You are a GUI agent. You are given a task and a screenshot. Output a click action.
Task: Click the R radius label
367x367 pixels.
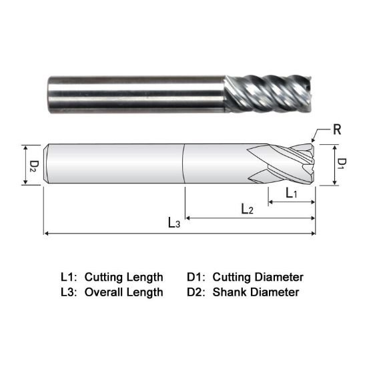pyautogui.click(x=337, y=129)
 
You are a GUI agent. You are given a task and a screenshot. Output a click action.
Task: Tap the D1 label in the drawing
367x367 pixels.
pyautogui.click(x=340, y=164)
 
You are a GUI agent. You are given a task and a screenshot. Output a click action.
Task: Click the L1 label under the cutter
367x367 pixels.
pyautogui.click(x=292, y=193)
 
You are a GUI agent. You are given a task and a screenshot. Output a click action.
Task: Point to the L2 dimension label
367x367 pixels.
pyautogui.click(x=247, y=209)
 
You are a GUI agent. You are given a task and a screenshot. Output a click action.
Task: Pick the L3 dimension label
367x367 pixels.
pyautogui.click(x=173, y=224)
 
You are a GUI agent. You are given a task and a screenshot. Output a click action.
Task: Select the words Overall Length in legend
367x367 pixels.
pyautogui.click(x=123, y=292)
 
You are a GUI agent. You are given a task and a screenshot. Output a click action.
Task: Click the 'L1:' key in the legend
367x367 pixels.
pyautogui.click(x=69, y=276)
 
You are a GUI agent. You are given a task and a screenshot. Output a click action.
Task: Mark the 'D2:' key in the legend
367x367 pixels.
pyautogui.click(x=198, y=292)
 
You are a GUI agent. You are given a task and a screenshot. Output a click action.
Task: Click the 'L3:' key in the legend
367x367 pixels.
pyautogui.click(x=69, y=292)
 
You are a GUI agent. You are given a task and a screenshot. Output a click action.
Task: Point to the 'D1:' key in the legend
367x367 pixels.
pyautogui.click(x=198, y=276)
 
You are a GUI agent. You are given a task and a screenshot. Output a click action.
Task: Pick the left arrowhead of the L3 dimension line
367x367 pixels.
pyautogui.click(x=47, y=234)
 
